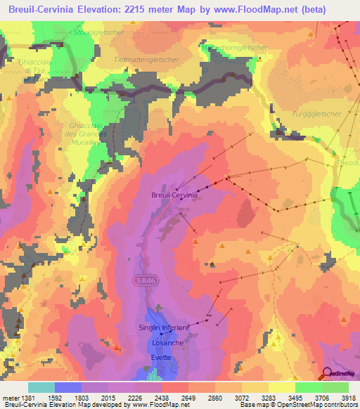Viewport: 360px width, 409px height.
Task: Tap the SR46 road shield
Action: (141, 280)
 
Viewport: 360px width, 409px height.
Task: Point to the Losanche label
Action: (168, 342)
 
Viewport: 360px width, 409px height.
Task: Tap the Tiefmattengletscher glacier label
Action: (146, 60)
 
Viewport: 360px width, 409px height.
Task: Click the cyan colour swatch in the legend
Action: (41, 387)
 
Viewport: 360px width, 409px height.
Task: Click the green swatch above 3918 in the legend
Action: (335, 387)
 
